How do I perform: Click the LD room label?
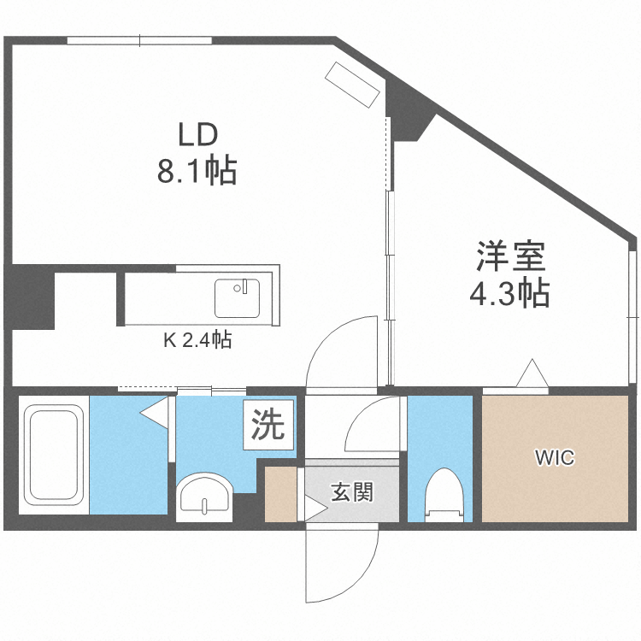pos(197,135)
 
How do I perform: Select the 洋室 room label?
pos(510,257)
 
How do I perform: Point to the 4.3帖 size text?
pos(509,294)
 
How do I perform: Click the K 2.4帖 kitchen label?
pos(197,340)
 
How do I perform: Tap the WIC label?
pos(555,458)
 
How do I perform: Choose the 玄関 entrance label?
pos(352,492)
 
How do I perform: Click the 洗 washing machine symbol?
pos(268,425)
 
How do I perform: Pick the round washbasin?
pos(204,496)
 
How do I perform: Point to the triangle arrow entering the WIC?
pos(531,376)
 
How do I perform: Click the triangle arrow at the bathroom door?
pos(156,412)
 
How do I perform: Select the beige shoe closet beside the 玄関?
pos(280,495)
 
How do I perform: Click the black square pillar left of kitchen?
pos(29,299)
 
